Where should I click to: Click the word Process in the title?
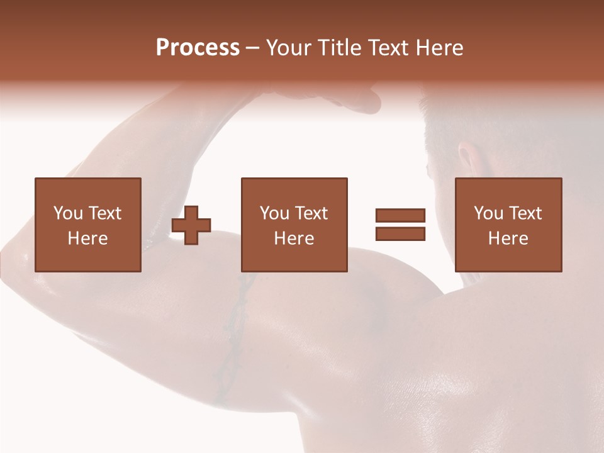198,48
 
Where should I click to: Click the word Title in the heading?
340,48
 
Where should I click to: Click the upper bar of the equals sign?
400,215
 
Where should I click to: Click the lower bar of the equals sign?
400,233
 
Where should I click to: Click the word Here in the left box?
87,238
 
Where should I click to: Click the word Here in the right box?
508,238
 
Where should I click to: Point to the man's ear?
467,160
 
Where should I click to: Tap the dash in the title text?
252,48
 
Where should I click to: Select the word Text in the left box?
105,213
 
